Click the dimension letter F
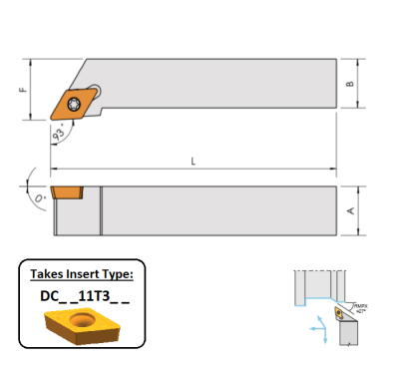(x=22, y=89)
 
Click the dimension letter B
(x=349, y=84)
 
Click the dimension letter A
(x=349, y=209)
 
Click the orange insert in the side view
(x=66, y=190)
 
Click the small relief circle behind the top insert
(x=93, y=89)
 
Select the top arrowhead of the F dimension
(x=32, y=61)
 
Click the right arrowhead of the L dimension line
(x=332, y=168)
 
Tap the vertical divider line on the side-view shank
(x=101, y=208)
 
